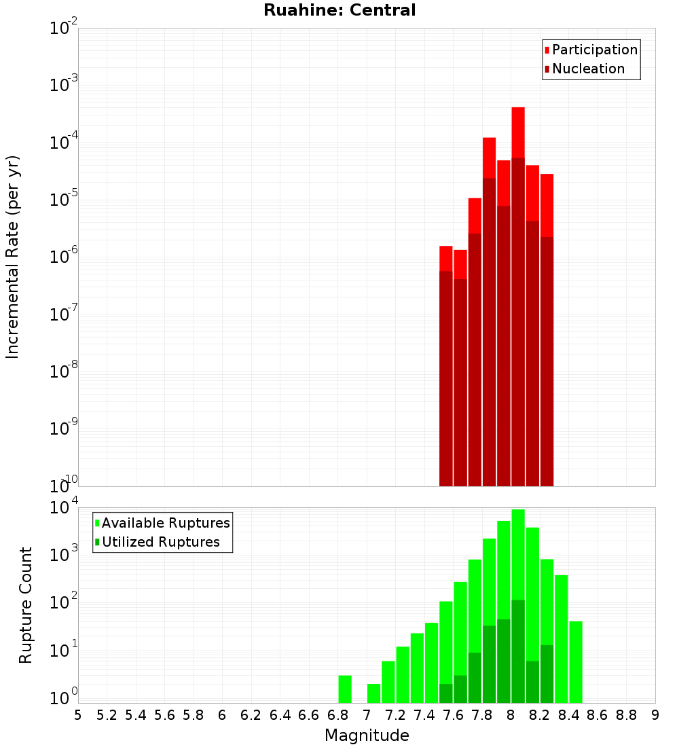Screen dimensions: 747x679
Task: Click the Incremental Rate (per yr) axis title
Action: point(13,257)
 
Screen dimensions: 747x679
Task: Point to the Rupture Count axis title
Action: point(26,605)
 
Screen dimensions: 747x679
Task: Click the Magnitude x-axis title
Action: point(367,735)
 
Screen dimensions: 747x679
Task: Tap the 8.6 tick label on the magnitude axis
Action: point(598,715)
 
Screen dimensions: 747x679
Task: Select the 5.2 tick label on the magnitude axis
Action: point(107,715)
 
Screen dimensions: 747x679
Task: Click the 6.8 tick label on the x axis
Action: point(337,715)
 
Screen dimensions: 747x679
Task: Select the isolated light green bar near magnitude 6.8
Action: point(345,689)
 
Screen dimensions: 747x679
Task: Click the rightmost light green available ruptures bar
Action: point(576,661)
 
